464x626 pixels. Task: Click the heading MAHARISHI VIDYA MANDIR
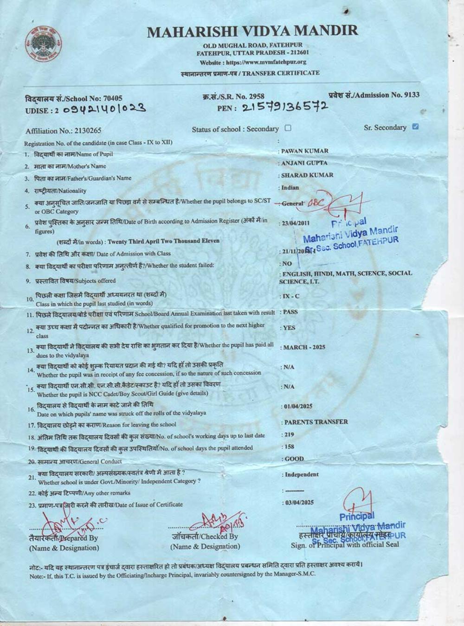tap(252, 32)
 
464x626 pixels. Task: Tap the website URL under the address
tap(253, 62)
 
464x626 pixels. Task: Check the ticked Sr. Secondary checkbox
tap(415, 127)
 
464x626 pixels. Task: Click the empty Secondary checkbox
tap(288, 128)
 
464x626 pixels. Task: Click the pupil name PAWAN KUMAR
tap(304, 151)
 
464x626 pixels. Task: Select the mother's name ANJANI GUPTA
tap(304, 163)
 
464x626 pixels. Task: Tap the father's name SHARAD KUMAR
tap(307, 175)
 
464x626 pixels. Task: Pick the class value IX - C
tap(291, 296)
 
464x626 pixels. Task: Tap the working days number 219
tap(288, 435)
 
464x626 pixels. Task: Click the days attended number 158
tap(288, 447)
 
